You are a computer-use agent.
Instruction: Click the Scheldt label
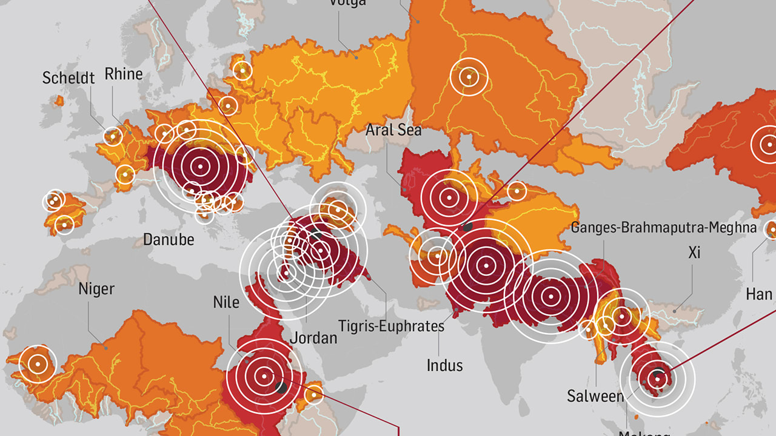[x=69, y=78]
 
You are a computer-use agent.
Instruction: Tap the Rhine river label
[x=124, y=74]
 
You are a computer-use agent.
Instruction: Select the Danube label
[x=169, y=239]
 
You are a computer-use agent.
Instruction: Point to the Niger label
[x=96, y=289]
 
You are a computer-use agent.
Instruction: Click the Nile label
[x=226, y=302]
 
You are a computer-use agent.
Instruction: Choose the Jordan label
[x=313, y=337]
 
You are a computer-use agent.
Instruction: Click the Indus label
[x=444, y=365]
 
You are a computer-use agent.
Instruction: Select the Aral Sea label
[x=393, y=130]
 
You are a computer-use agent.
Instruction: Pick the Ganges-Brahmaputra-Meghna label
[x=664, y=228]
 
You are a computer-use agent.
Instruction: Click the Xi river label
[x=694, y=252]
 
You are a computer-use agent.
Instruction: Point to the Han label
[x=758, y=294]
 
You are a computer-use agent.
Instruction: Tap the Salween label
[x=595, y=396]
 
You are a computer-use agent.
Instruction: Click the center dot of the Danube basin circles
[x=200, y=166]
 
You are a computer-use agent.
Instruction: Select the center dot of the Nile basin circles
[x=264, y=376]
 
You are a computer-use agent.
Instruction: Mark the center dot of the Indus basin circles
[x=486, y=265]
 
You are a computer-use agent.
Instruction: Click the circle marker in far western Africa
[x=38, y=364]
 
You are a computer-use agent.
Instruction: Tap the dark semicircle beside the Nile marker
[x=281, y=387]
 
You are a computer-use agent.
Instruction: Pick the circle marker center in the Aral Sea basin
[x=449, y=197]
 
